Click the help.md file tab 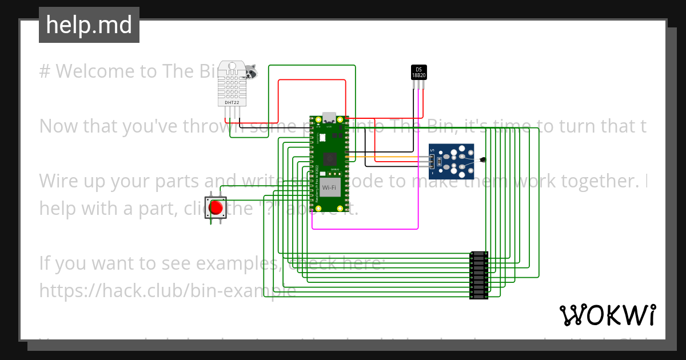pos(89,25)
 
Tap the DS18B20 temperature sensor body pos(418,72)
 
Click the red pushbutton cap pos(216,207)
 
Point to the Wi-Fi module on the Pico pos(329,187)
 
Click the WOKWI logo pos(607,315)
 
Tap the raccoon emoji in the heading pos(250,71)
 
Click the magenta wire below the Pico pos(366,229)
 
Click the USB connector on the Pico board pos(329,118)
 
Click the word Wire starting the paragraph pos(60,181)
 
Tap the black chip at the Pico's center pos(330,159)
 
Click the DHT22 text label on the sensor pos(232,102)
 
